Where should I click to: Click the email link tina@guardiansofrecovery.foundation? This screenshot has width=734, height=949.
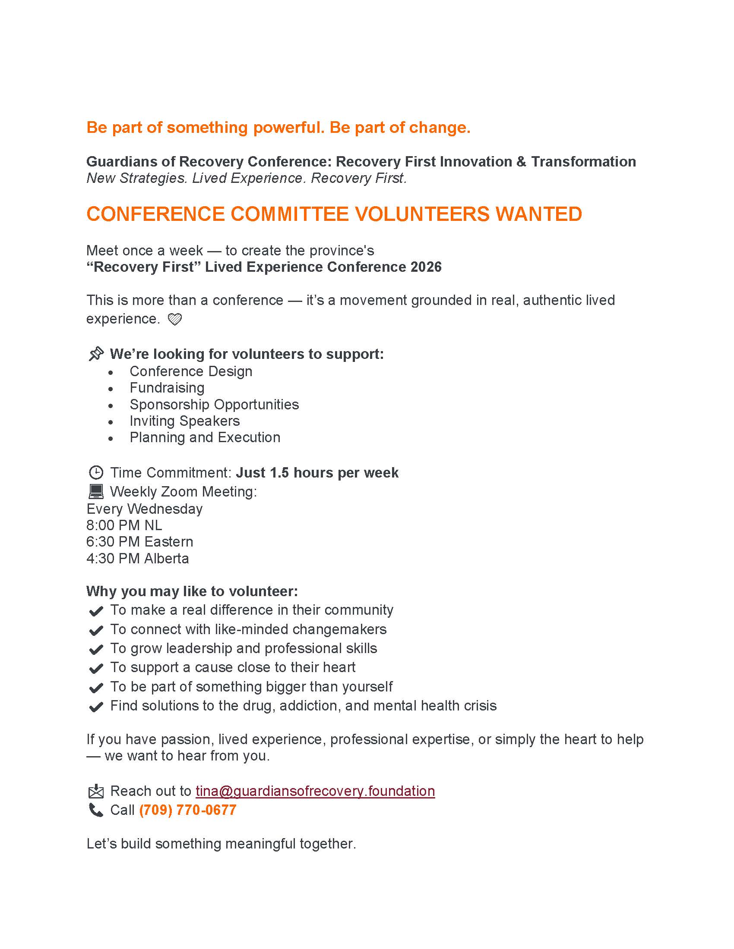pos(315,791)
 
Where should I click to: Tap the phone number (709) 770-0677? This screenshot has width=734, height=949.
pos(188,810)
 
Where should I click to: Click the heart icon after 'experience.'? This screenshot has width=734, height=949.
pos(175,320)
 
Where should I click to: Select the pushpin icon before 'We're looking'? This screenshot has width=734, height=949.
pos(96,354)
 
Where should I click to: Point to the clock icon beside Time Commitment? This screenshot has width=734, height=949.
pos(96,472)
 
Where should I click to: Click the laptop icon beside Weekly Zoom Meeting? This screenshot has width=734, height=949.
pos(96,491)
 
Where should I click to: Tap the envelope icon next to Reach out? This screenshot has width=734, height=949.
pos(96,792)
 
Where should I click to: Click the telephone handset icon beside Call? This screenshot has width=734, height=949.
pos(96,811)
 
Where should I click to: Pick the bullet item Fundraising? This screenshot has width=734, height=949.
pos(167,388)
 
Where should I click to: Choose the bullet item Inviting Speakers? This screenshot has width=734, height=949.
pos(184,421)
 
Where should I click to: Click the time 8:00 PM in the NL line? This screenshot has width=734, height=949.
pos(113,525)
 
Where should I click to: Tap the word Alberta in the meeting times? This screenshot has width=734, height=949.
pos(167,558)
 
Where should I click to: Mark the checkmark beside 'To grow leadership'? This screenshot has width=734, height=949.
pos(96,650)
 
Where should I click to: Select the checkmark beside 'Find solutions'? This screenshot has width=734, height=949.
pos(96,707)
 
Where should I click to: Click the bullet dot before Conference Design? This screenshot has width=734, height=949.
pos(111,373)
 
